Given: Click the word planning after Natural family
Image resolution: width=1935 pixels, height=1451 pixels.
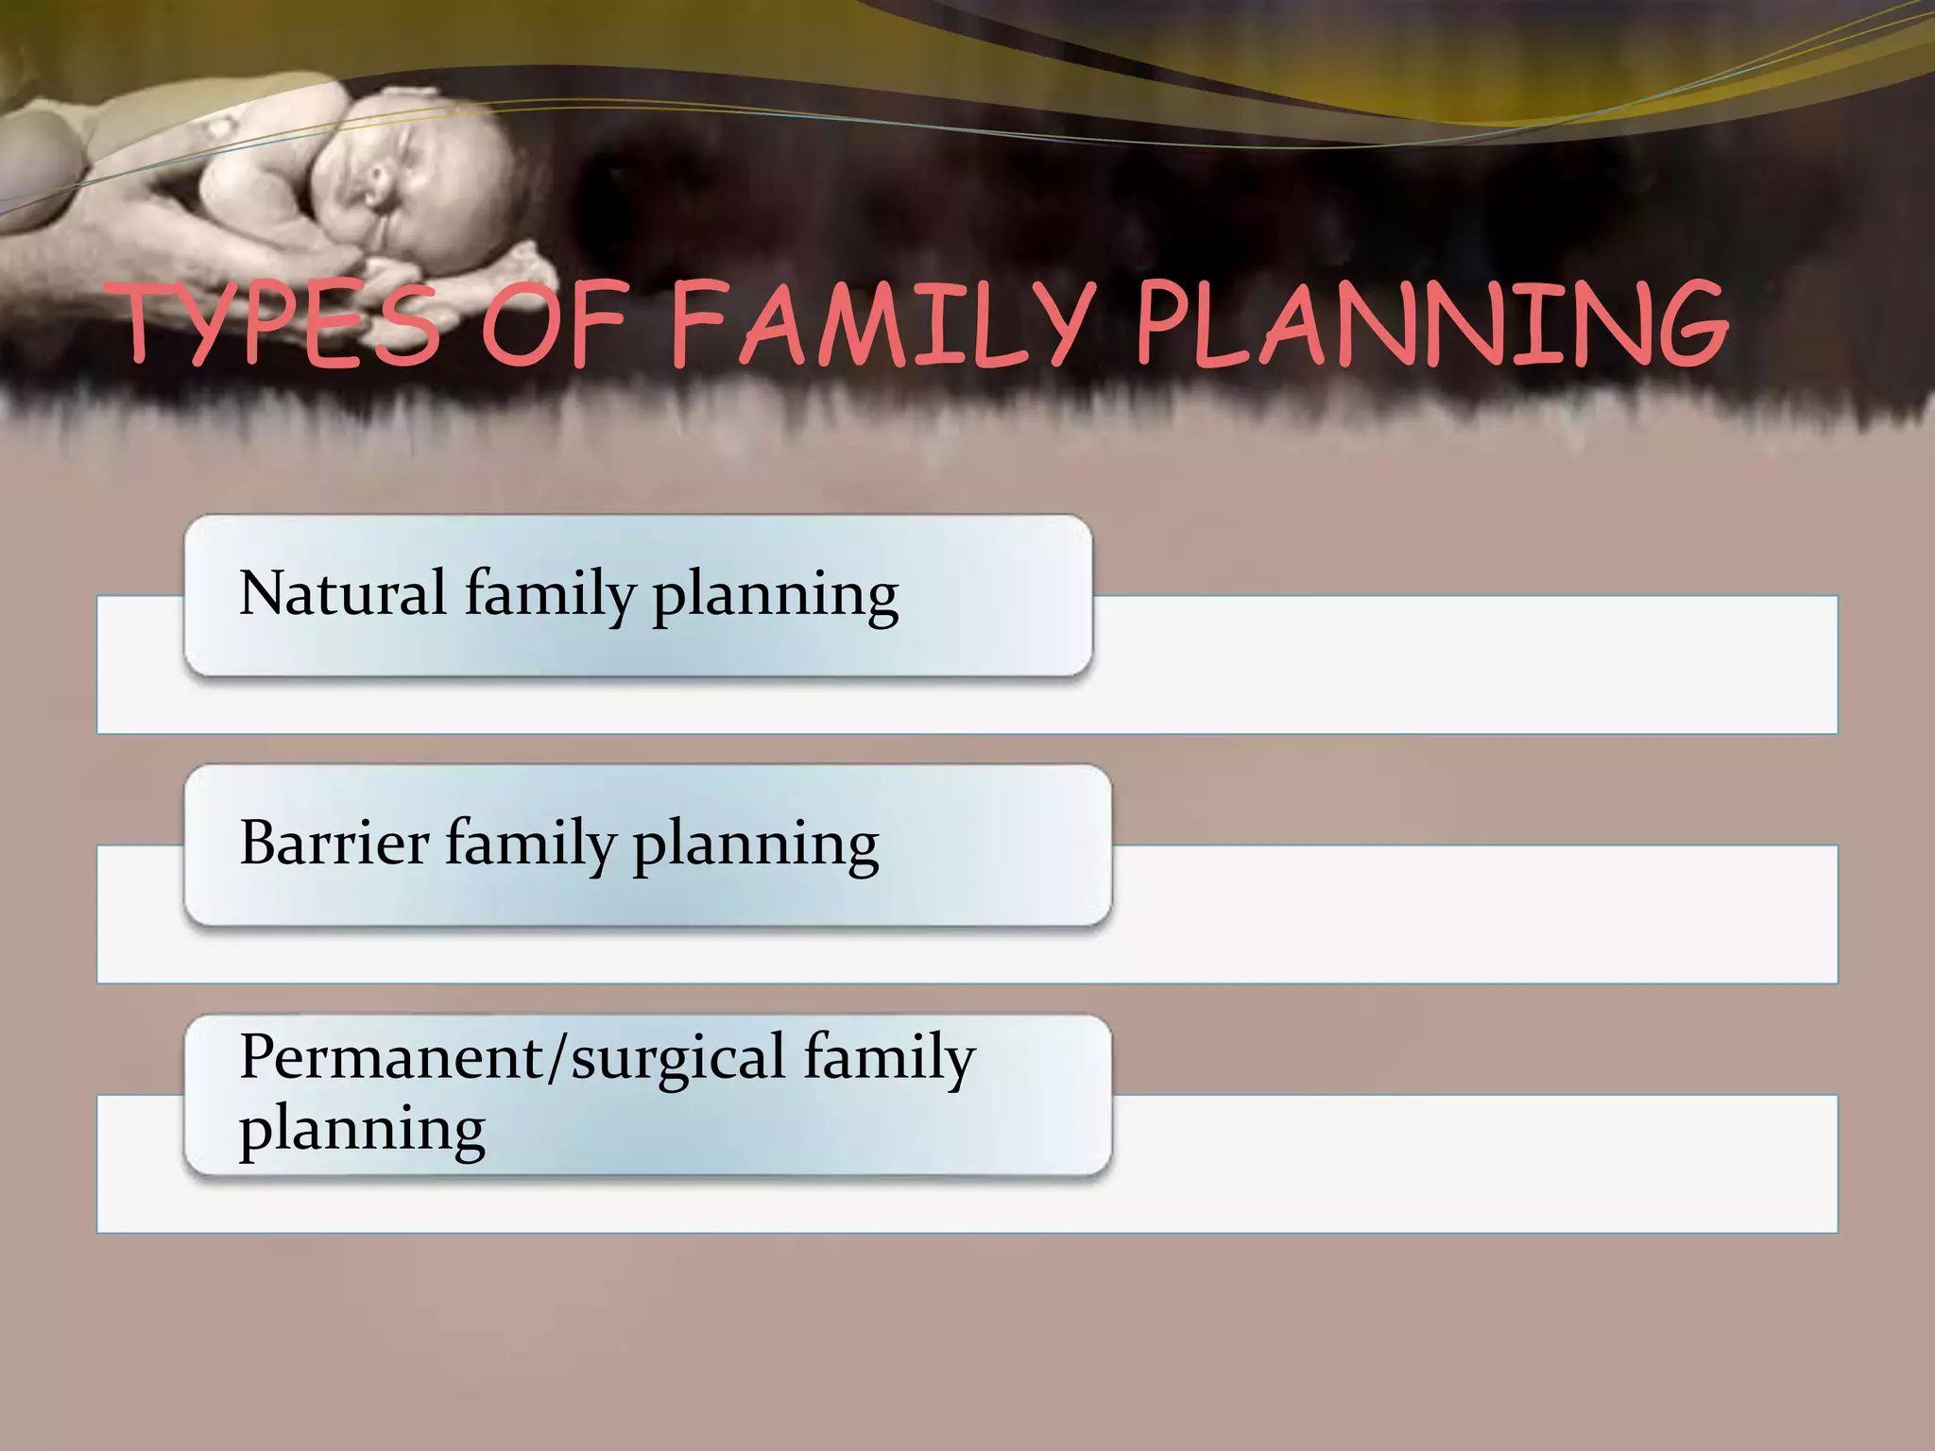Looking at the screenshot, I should (x=775, y=597).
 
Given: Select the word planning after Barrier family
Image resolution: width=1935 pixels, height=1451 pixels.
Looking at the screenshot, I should (x=755, y=846).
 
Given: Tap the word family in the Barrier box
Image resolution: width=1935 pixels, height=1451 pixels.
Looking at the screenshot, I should (x=530, y=845).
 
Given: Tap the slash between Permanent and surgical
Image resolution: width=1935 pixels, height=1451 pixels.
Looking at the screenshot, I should (x=558, y=1057).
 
